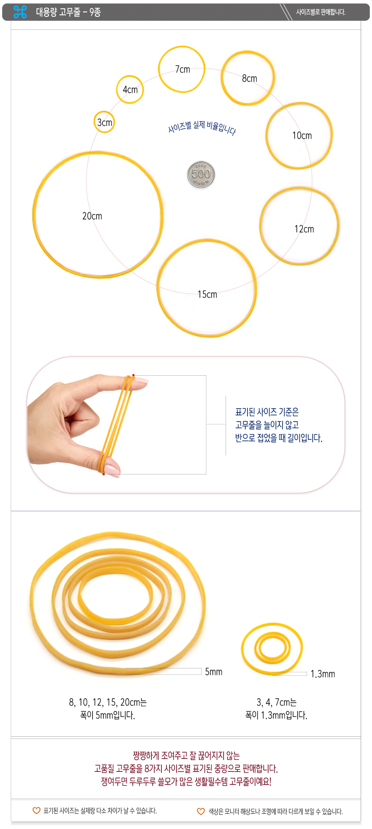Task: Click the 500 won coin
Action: (201, 174)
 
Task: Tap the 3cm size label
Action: (105, 123)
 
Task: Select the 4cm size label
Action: (130, 90)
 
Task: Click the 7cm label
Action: (183, 69)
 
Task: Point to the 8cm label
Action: (250, 78)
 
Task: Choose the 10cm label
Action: (302, 135)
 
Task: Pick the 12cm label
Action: (304, 229)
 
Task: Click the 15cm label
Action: (207, 294)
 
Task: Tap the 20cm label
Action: (92, 216)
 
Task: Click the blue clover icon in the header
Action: (20, 12)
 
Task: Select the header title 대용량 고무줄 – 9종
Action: (68, 12)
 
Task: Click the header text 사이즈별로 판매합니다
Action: (321, 12)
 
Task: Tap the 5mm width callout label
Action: (214, 671)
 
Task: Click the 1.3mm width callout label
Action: (323, 674)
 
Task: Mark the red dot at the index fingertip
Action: (133, 375)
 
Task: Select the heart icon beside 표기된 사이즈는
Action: (37, 810)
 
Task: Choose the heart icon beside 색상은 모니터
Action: (201, 811)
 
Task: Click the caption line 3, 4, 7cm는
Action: (276, 702)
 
